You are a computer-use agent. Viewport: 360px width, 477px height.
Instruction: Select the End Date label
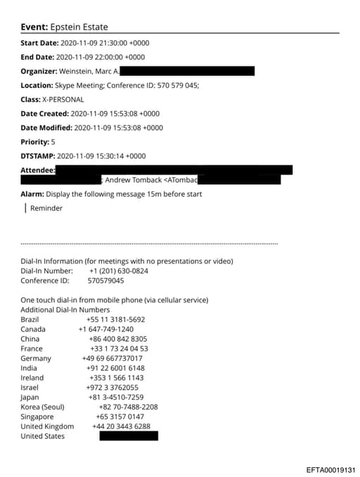[x=37, y=57]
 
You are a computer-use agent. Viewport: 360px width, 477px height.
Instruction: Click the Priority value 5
[x=53, y=141]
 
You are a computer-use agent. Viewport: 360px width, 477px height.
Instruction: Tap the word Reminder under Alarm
[x=46, y=208]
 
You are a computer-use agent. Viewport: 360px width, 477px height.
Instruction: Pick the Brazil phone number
[x=116, y=319]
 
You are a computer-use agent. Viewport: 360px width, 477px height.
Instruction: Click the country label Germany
[x=36, y=358]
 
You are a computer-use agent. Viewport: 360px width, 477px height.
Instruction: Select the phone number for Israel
[x=112, y=387]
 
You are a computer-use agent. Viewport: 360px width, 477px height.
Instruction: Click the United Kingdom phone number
[x=122, y=426]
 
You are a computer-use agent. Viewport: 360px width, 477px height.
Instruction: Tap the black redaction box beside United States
[x=129, y=436]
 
